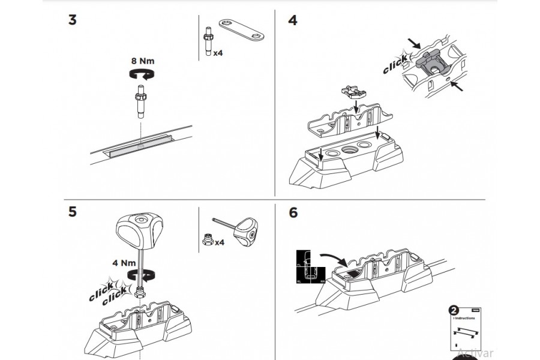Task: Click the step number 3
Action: tap(72, 19)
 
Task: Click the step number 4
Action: tap(292, 19)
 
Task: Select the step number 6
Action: tap(293, 212)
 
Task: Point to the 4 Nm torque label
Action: tap(124, 262)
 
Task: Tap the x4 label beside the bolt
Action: tap(218, 53)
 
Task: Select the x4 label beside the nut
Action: tap(220, 242)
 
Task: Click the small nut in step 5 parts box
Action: tap(206, 239)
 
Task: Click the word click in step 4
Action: tap(395, 65)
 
